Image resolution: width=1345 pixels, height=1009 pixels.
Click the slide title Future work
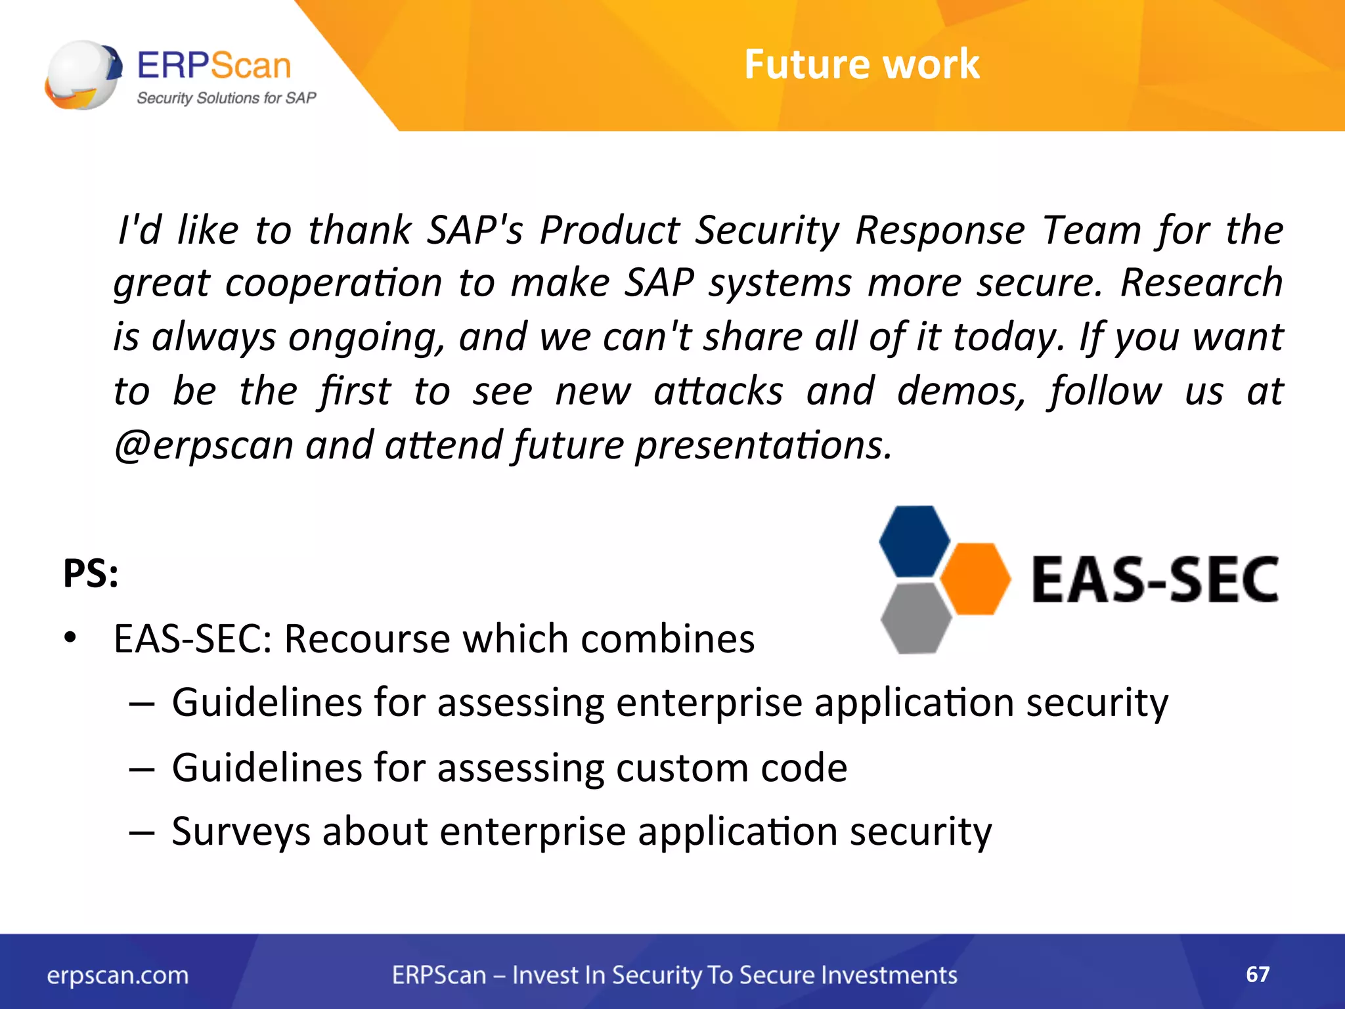[x=861, y=64]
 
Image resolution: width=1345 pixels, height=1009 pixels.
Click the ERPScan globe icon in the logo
[x=83, y=75]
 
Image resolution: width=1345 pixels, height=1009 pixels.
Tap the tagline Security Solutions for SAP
[x=226, y=99]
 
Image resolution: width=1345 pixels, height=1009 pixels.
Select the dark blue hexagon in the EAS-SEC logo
[x=914, y=541]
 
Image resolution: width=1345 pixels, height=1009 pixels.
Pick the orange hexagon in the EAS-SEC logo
[x=976, y=579]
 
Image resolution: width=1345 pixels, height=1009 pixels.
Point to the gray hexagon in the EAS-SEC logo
[x=915, y=617]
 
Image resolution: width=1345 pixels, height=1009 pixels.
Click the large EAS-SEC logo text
[x=1155, y=579]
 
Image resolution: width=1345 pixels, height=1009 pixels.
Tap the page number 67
[x=1258, y=974]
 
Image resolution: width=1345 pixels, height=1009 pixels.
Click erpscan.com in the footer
[x=118, y=975]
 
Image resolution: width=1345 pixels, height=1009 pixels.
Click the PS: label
[x=91, y=573]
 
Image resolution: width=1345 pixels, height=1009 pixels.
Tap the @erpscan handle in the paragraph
[x=204, y=445]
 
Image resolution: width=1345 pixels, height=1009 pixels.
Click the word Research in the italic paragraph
[x=1201, y=283]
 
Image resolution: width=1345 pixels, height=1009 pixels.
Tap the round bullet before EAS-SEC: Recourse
[x=70, y=638]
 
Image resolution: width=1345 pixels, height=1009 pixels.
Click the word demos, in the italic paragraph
[x=961, y=392]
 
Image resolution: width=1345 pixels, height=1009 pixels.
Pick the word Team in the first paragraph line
[x=1092, y=231]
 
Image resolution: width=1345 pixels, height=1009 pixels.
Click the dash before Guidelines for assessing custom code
[x=142, y=769]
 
